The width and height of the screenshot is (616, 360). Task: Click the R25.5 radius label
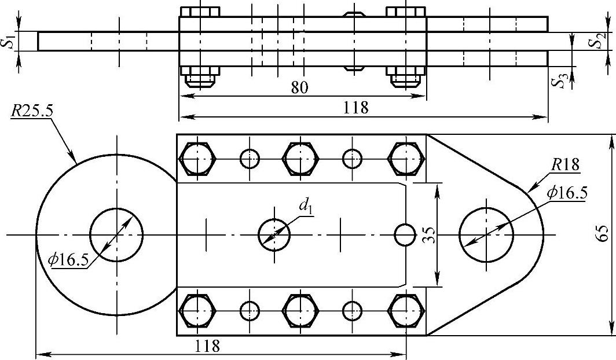coord(30,111)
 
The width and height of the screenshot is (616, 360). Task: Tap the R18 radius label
coord(565,164)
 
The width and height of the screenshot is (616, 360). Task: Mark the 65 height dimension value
coord(602,235)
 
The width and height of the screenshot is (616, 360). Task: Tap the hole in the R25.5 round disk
coord(116,235)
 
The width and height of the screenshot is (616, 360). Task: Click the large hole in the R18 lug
coord(486,235)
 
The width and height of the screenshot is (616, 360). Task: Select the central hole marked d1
coord(274,235)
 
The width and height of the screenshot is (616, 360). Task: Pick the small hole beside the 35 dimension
coord(405,235)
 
